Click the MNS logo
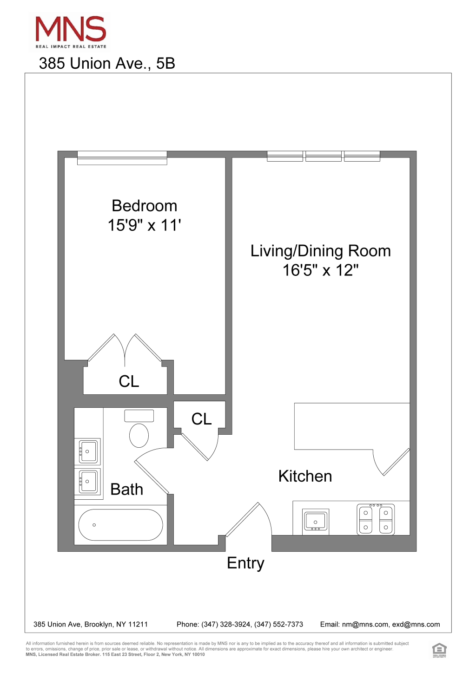click(x=71, y=33)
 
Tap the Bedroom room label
click(x=144, y=206)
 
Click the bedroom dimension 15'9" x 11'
click(x=144, y=225)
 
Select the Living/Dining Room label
click(x=321, y=251)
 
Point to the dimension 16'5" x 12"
click(x=321, y=270)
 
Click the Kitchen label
click(x=305, y=476)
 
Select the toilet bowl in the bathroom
click(x=139, y=435)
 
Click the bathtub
click(x=120, y=525)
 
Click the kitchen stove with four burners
click(x=376, y=519)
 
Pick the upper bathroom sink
click(x=87, y=451)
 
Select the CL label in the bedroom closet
click(x=129, y=382)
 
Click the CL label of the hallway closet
click(x=201, y=419)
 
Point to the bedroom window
click(x=122, y=158)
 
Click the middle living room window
click(x=324, y=156)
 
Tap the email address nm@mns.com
click(x=365, y=624)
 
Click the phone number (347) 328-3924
click(x=226, y=624)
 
